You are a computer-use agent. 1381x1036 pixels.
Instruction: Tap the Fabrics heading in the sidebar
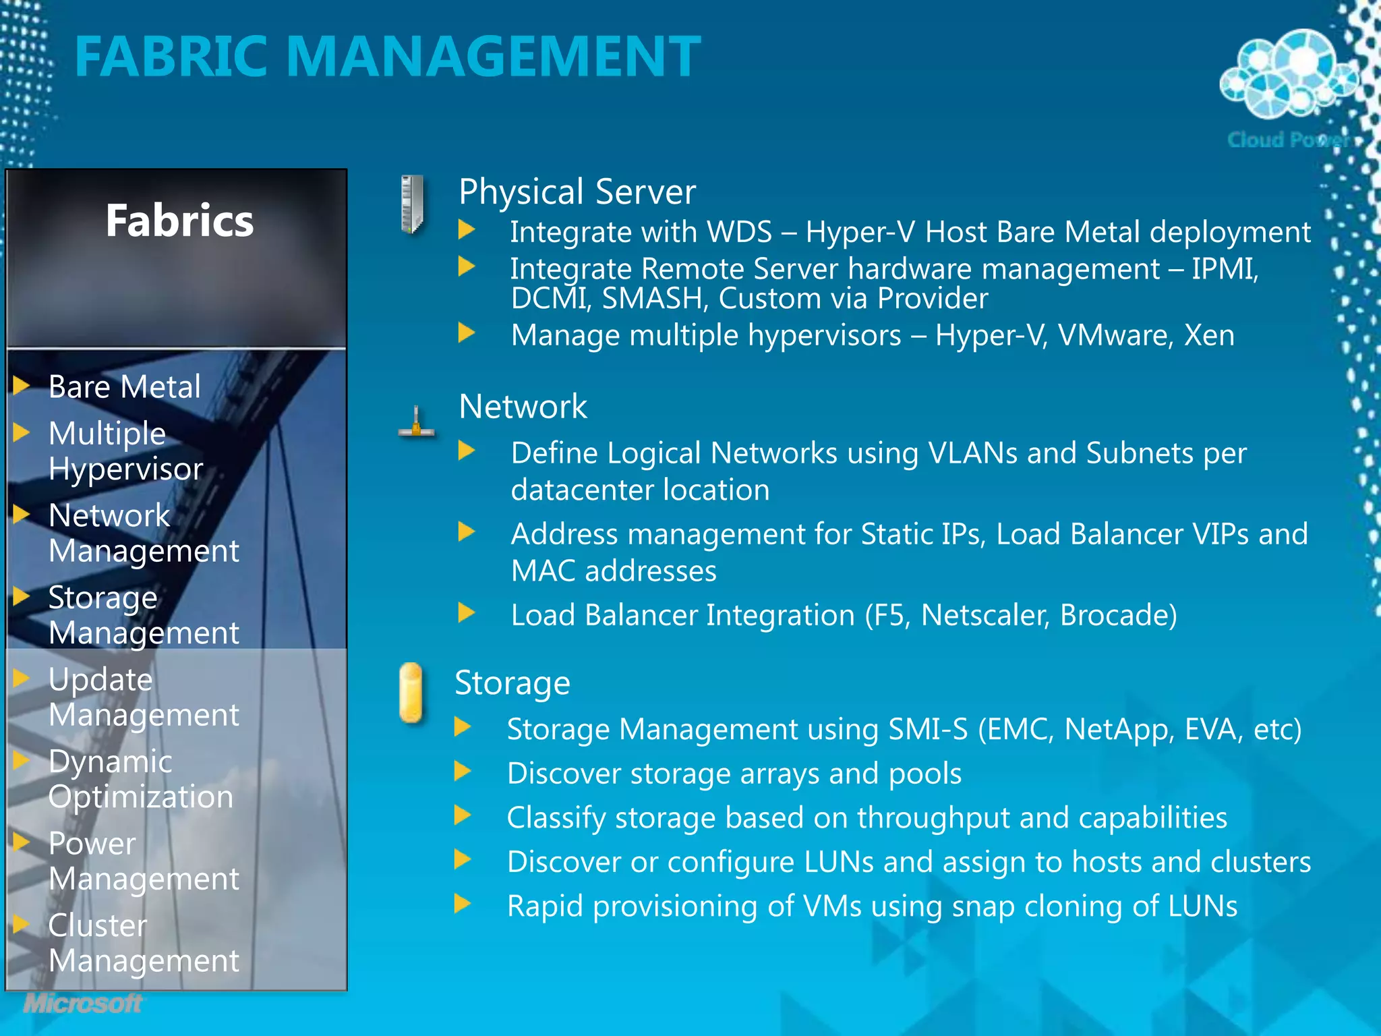[179, 221]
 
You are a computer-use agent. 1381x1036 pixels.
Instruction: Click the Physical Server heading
[577, 192]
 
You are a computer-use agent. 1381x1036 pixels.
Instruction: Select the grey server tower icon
[412, 204]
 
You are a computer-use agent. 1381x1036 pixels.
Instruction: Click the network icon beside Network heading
[417, 423]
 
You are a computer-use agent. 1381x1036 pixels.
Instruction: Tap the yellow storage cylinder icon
[411, 693]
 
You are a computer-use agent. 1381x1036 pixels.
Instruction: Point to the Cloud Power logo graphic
[1288, 74]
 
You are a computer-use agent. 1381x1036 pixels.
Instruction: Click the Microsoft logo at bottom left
[83, 1004]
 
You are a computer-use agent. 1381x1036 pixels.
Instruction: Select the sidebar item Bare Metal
[125, 387]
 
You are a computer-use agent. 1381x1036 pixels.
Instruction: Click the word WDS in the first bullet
[738, 233]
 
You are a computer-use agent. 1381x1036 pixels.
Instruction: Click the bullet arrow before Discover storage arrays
[463, 771]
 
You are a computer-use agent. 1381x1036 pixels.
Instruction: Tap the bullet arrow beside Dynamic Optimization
[22, 760]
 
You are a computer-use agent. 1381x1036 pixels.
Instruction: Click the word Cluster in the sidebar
[98, 926]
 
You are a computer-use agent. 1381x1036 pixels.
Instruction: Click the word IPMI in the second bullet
[1224, 270]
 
